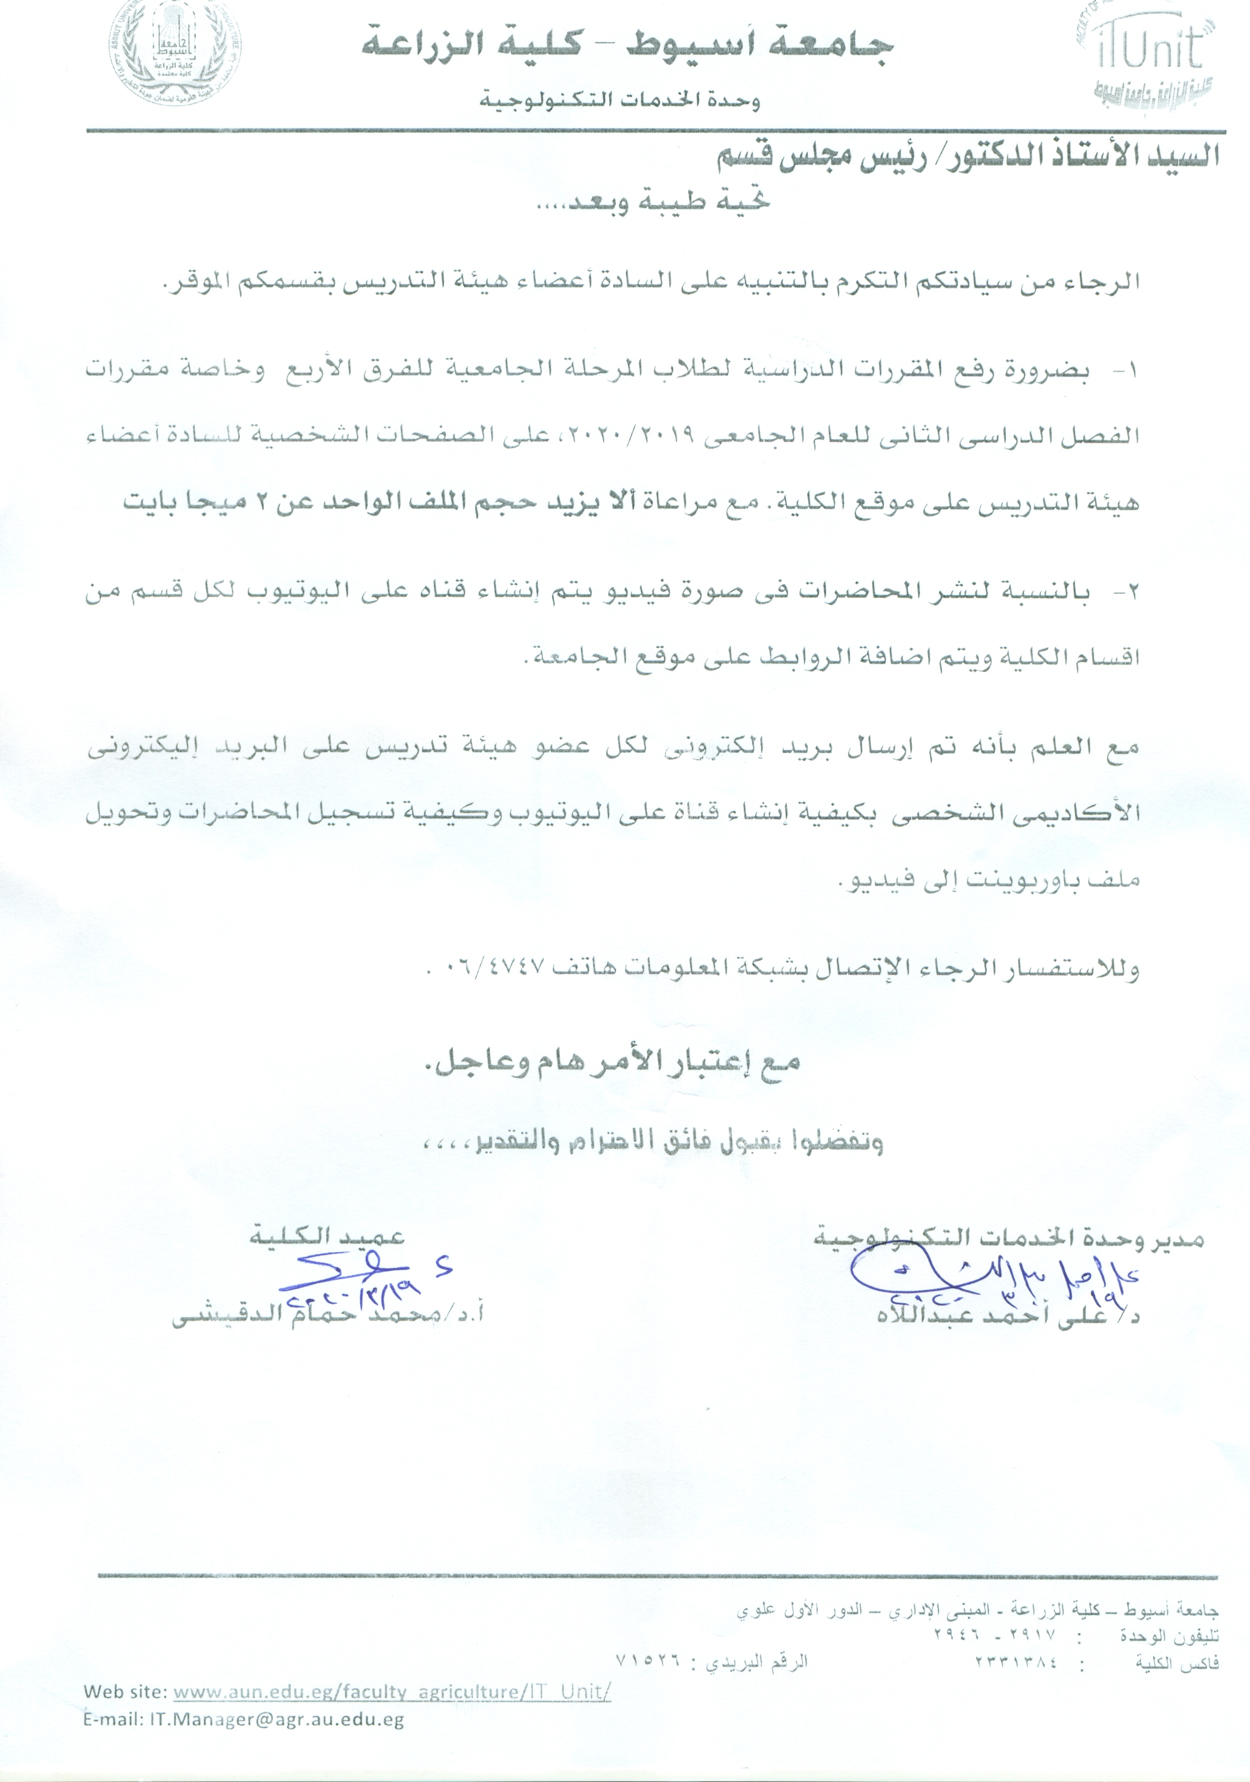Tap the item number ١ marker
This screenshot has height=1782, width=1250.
pyautogui.click(x=1130, y=373)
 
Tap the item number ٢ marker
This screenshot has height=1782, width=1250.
pyautogui.click(x=1130, y=594)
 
